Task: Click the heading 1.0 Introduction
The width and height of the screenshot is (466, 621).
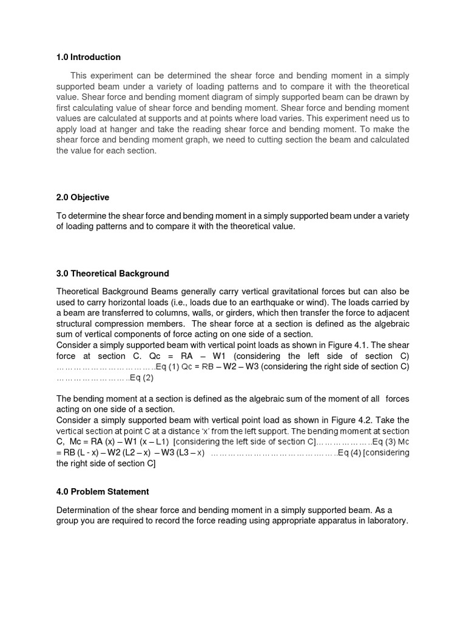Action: [x=89, y=57]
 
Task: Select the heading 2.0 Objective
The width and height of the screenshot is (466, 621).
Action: [x=83, y=197]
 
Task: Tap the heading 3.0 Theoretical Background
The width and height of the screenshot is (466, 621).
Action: [x=112, y=274]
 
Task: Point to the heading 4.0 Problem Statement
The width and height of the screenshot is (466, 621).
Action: [x=103, y=491]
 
